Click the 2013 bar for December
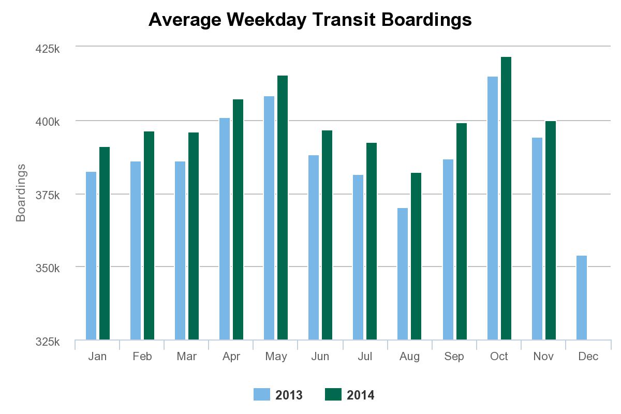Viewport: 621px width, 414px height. coord(581,298)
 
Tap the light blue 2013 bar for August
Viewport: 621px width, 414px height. coord(403,274)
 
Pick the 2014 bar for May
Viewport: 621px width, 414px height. coord(283,208)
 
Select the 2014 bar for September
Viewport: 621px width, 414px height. coord(462,231)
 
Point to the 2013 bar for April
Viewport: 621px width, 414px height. coord(225,229)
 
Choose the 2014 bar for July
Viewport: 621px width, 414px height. coord(372,241)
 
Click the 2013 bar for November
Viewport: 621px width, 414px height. coord(537,239)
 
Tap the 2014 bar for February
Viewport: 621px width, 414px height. coord(149,235)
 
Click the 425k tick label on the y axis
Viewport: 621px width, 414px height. coord(47,50)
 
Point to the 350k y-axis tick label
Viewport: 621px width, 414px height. coord(47,269)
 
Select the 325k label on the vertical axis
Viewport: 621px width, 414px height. coord(47,342)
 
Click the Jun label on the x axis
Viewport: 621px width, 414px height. coord(320,357)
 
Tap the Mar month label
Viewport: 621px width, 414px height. coord(186,357)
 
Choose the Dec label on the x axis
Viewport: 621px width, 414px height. coord(588,357)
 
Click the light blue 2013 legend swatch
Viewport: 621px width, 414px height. coord(262,394)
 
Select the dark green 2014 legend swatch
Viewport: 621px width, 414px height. coord(333,394)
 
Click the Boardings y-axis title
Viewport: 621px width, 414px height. coord(21,193)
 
